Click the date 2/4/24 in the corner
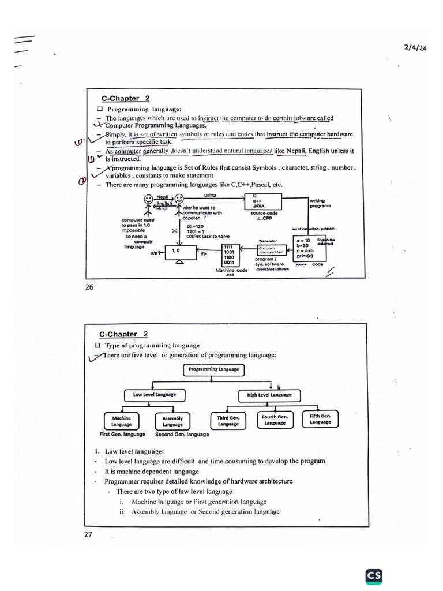[x=415, y=49]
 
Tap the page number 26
[x=89, y=287]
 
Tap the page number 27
[x=88, y=534]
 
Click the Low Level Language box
[x=154, y=395]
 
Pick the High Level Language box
[x=269, y=395]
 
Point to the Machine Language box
[x=121, y=421]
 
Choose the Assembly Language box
[x=172, y=421]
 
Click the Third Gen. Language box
[x=228, y=420]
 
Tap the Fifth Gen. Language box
[x=320, y=418]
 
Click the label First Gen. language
[x=122, y=434]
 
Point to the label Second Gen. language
[x=182, y=434]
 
